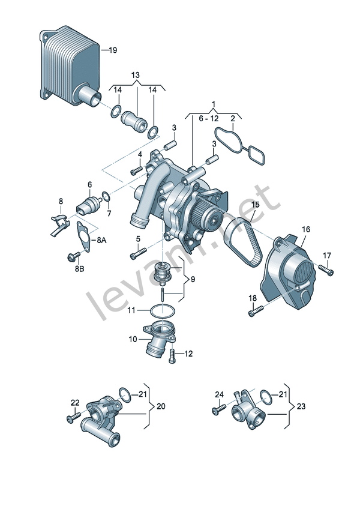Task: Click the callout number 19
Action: (113, 50)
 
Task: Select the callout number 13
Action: (136, 75)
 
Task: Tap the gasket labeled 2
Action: (239, 145)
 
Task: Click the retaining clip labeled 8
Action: (59, 224)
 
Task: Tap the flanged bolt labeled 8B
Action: (74, 257)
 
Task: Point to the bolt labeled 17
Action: (326, 270)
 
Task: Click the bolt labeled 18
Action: (256, 311)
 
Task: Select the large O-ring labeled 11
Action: (163, 311)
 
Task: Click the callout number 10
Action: (133, 340)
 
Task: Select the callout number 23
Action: (301, 406)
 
